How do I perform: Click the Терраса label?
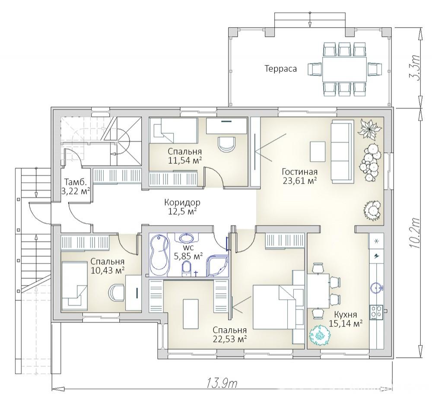(x=280, y=69)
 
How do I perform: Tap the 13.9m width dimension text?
(x=222, y=383)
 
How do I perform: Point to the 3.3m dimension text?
(x=414, y=68)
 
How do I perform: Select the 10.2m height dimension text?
(x=414, y=233)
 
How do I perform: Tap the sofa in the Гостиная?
(x=342, y=152)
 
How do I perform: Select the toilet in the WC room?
(x=187, y=269)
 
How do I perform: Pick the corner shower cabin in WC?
(x=218, y=266)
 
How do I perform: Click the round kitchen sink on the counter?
(x=376, y=287)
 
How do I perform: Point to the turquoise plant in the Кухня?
(x=320, y=335)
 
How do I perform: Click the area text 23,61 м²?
(x=299, y=181)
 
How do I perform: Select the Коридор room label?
(x=182, y=203)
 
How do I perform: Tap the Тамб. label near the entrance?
(x=76, y=182)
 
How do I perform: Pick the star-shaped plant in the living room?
(x=369, y=128)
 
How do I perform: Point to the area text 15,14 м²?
(x=346, y=324)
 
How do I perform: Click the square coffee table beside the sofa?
(x=318, y=152)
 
